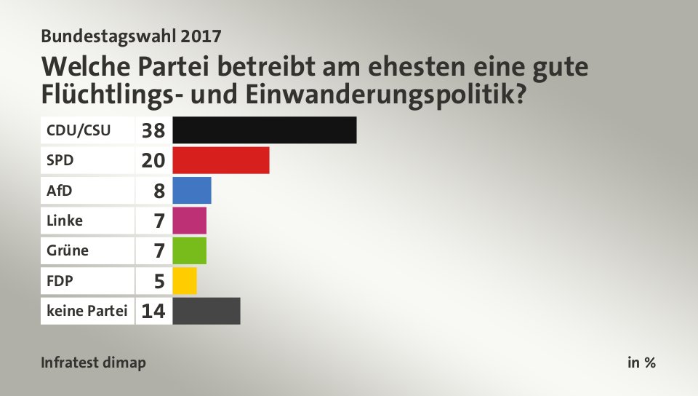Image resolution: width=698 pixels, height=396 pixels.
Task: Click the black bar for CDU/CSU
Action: [x=265, y=130]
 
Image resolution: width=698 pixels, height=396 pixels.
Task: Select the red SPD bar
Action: [x=221, y=160]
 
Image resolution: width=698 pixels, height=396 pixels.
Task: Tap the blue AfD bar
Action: [x=192, y=190]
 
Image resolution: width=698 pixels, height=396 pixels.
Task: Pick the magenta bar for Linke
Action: [x=190, y=221]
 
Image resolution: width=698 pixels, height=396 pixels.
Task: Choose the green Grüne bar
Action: [x=190, y=250]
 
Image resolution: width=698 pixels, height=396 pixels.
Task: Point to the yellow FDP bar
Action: [x=185, y=280]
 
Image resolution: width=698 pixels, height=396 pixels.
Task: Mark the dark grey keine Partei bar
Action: [x=206, y=311]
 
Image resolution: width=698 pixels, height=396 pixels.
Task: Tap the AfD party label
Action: [x=60, y=191]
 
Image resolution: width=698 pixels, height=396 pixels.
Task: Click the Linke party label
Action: [x=65, y=221]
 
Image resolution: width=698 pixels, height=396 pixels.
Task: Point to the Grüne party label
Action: [x=68, y=250]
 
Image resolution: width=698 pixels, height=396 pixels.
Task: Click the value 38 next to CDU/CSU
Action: [x=154, y=131]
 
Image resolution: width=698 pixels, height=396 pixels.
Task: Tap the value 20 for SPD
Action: [x=154, y=161]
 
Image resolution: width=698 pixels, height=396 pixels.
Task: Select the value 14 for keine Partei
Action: [x=154, y=312]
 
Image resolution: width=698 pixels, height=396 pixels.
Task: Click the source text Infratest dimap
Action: [x=94, y=363]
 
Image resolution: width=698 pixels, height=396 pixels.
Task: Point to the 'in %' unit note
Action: [x=641, y=363]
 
